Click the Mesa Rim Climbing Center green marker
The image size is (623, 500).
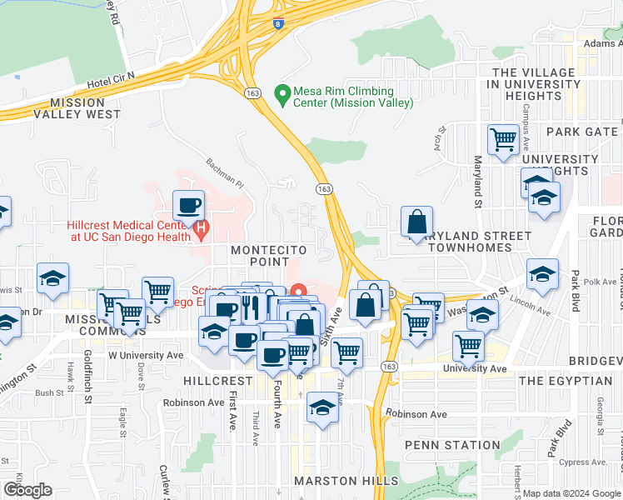tap(282, 91)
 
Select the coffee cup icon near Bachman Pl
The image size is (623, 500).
tap(188, 204)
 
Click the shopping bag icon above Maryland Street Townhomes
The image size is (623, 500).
tap(416, 222)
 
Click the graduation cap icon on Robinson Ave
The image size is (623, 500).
tap(322, 407)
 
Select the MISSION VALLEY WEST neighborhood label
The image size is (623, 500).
tap(85, 108)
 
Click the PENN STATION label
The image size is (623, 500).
tap(452, 445)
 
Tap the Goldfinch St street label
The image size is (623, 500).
tap(88, 385)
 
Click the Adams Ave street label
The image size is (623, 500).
tap(602, 43)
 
